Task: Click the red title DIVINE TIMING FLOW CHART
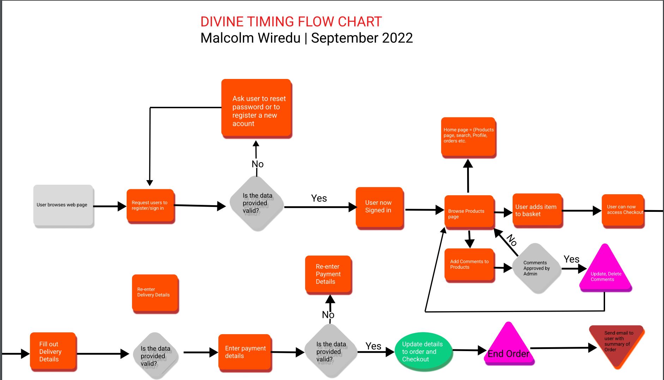[x=291, y=22]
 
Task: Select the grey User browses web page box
[x=63, y=206]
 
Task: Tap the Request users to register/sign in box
[x=150, y=206]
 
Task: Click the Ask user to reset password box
[x=256, y=109]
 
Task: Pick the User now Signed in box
[x=379, y=207]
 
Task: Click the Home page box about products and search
[x=468, y=137]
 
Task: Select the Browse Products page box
[x=469, y=212]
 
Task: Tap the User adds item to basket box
[x=537, y=210]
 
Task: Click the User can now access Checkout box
[x=623, y=210]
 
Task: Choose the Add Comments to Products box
[x=469, y=265]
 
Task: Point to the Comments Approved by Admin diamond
[x=536, y=268]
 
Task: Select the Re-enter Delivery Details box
[x=155, y=293]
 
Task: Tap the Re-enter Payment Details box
[x=328, y=274]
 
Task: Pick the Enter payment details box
[x=245, y=352]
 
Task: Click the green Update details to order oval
[x=422, y=351]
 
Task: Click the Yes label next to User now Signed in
[x=319, y=198]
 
